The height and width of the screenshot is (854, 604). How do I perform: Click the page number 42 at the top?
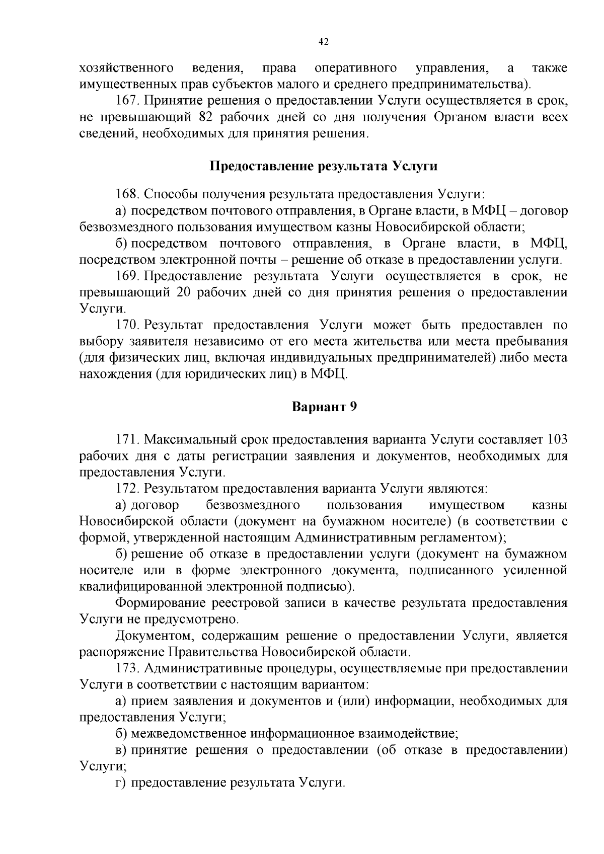point(324,42)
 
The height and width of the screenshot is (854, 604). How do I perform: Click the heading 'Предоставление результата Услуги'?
point(323,166)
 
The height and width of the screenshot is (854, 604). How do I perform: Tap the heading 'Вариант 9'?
point(324,407)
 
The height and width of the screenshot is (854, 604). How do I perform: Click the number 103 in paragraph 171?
point(556,439)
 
